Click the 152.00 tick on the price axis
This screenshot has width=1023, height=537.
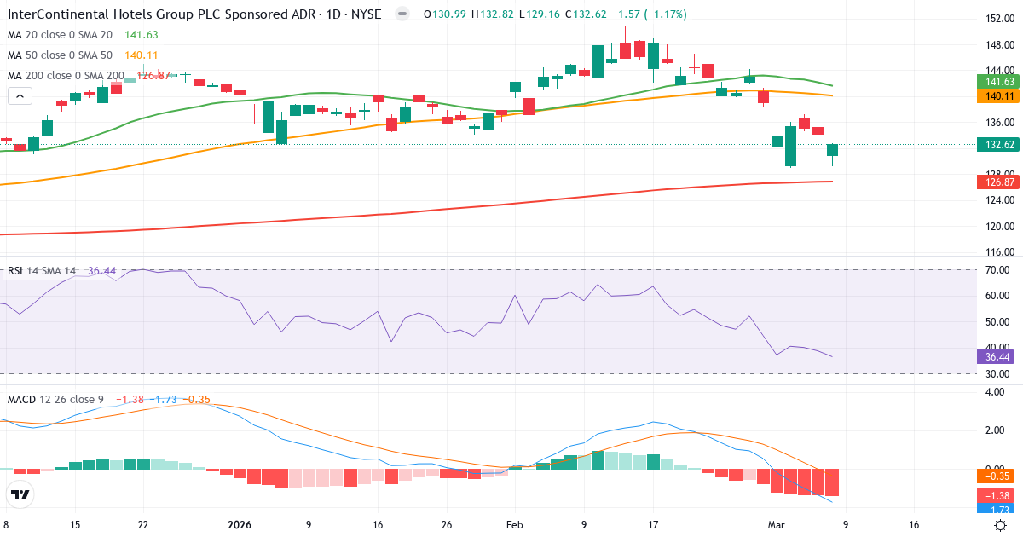pyautogui.click(x=998, y=19)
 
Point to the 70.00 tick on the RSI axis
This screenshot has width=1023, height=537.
pyautogui.click(x=998, y=270)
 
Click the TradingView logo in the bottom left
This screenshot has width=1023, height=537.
pyautogui.click(x=20, y=495)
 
